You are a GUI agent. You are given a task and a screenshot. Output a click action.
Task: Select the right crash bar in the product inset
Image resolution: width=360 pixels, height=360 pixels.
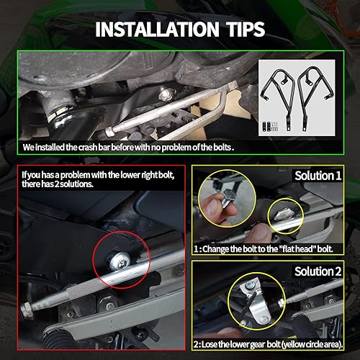click(320, 94)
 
